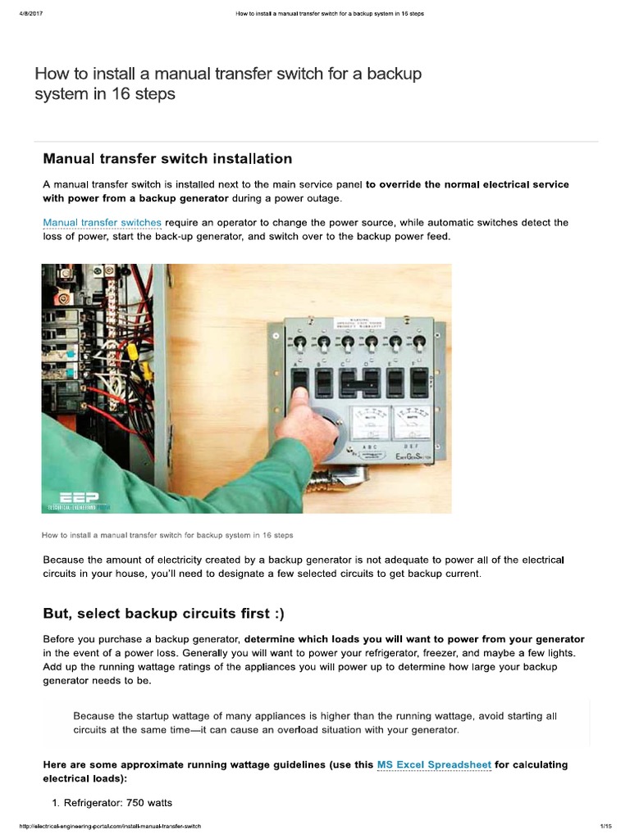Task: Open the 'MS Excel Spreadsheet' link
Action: point(433,764)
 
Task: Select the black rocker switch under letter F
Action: point(419,381)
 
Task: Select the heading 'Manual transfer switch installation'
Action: point(167,158)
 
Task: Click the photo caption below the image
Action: point(167,534)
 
